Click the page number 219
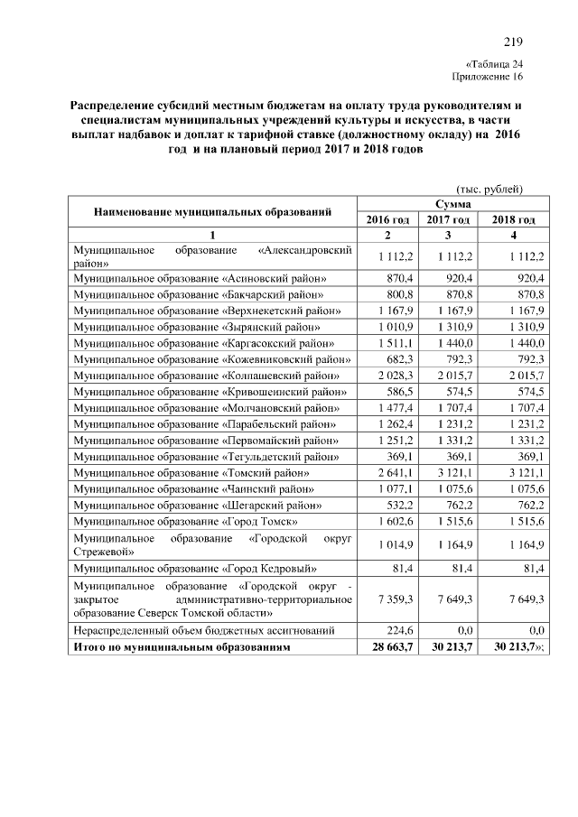coord(513,42)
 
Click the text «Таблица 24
coord(494,64)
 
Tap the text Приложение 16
coord(488,78)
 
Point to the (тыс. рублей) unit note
coord(489,189)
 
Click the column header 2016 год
coord(387,219)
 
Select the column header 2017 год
coord(449,219)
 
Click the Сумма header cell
coord(449,205)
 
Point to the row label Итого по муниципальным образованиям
coord(186,647)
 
